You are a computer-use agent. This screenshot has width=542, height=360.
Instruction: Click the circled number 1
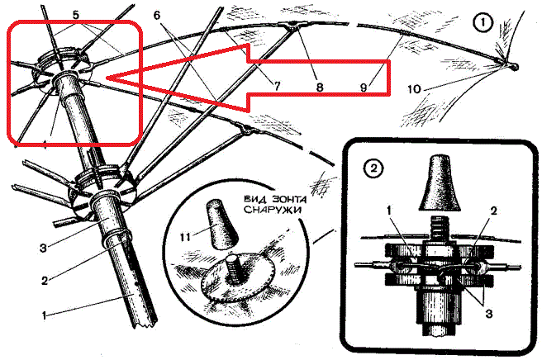[x=483, y=23]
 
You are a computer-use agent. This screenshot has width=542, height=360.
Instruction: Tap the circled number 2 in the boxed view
[x=373, y=168]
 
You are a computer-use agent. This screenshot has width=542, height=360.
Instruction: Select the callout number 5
[x=76, y=15]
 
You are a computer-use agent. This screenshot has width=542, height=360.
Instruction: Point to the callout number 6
[x=157, y=16]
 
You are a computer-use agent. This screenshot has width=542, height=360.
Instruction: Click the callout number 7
[x=277, y=86]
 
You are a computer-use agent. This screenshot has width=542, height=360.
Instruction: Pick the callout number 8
[x=320, y=87]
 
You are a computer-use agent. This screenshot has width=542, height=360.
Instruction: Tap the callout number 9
[x=364, y=87]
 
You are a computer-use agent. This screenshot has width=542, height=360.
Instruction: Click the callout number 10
[x=415, y=89]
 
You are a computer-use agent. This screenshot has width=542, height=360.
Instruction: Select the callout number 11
[x=185, y=237]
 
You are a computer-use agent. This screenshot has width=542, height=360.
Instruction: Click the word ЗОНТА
[x=290, y=199]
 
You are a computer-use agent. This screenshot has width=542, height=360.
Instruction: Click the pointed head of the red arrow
[x=107, y=78]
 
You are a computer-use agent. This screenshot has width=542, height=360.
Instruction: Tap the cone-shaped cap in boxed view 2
[x=440, y=183]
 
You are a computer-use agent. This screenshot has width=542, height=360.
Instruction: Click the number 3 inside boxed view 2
[x=489, y=314]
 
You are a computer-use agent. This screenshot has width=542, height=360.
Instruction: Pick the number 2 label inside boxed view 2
[x=493, y=211]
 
